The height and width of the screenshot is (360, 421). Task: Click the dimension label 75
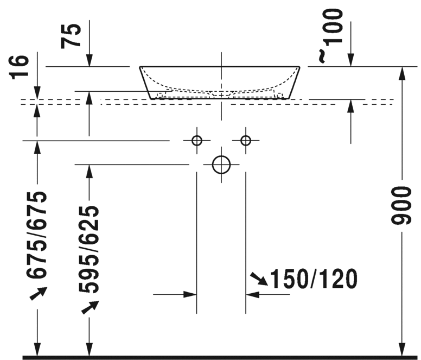73,35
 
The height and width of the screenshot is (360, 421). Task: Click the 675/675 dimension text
38,233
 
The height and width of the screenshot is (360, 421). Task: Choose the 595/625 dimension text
88,249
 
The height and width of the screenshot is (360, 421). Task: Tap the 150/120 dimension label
314,279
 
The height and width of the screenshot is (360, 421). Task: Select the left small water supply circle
197,141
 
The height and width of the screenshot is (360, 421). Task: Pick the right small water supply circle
246,141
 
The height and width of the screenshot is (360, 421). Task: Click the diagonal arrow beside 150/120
259,279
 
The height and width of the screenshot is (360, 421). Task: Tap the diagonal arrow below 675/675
36,294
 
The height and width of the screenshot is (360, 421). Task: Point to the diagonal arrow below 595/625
88,308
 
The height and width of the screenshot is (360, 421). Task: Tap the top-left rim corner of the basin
141,67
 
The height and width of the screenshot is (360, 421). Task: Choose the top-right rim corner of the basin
299,67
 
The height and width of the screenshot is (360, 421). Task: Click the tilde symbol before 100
322,56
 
